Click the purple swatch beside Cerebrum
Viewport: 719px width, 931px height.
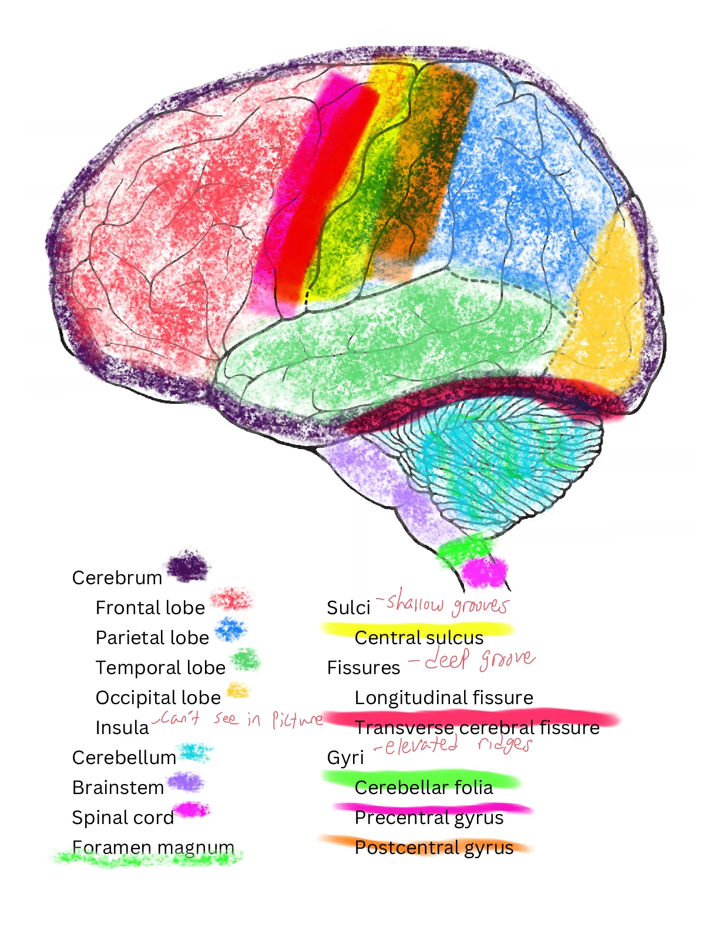[187, 567]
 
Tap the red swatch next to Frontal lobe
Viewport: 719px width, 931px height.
[231, 598]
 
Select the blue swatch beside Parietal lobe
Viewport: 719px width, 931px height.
[231, 629]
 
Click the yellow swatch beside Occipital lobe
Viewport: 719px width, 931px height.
[238, 690]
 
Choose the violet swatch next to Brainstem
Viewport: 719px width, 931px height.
[186, 782]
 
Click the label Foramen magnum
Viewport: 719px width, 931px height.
[153, 848]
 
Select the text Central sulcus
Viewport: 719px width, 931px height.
[419, 638]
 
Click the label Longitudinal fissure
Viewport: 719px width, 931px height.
[444, 698]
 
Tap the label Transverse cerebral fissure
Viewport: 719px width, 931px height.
[477, 728]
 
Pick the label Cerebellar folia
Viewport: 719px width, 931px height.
[424, 788]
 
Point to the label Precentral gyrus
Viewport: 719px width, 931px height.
[429, 818]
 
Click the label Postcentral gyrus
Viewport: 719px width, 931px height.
[434, 848]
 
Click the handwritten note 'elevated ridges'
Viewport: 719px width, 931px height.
[453, 744]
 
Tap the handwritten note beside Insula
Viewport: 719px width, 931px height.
[238, 718]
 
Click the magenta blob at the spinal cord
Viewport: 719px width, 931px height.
[485, 572]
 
